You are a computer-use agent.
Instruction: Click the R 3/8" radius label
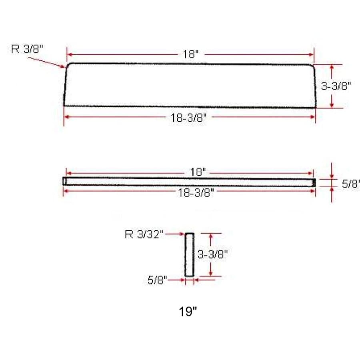pos(27,49)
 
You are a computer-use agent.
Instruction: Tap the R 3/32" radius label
pos(144,234)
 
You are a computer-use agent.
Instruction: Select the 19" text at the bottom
pos(188,312)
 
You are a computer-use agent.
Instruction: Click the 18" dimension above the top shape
pos(190,54)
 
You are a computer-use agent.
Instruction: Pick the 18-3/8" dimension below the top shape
pos(188,118)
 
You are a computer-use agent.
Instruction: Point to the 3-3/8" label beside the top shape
pos(336,86)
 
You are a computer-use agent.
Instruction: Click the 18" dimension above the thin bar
pos(198,172)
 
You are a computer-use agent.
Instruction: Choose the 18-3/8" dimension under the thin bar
pos(196,193)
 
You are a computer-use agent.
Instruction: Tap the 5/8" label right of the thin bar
pos(350,184)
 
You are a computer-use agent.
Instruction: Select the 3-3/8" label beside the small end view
pos(213,254)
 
